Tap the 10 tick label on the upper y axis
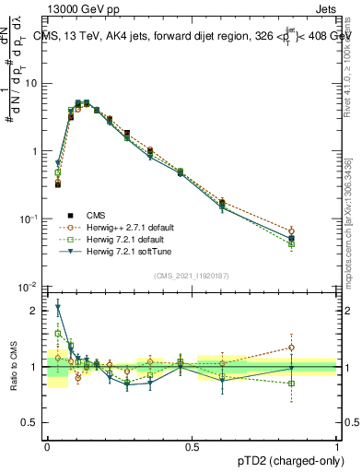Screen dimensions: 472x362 click(31, 83)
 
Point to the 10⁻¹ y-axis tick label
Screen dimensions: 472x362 click(29, 218)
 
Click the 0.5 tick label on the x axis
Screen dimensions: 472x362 click(193, 445)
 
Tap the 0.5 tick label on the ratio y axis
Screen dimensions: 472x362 click(32, 423)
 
